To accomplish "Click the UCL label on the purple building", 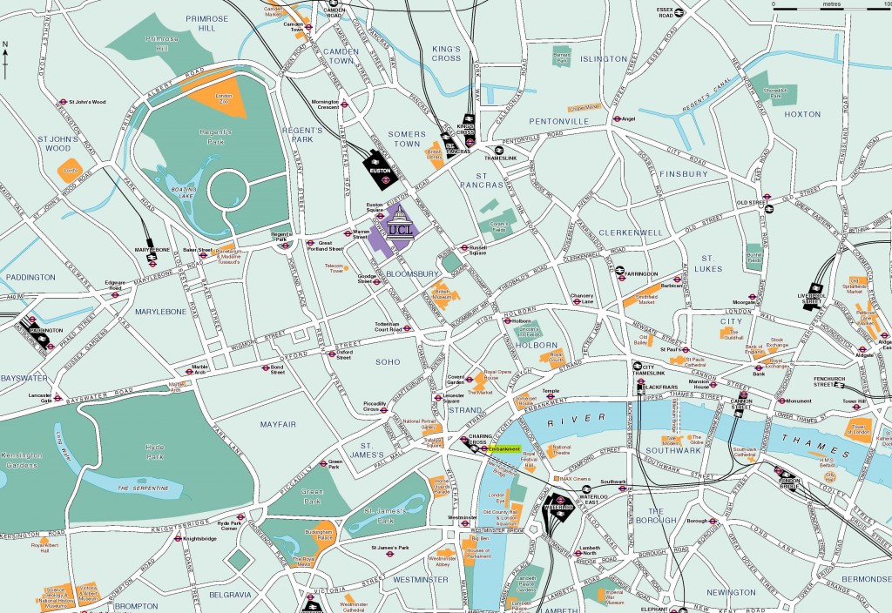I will coord(400,230).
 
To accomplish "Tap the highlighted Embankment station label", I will coord(504,449).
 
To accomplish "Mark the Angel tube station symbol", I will coord(617,118).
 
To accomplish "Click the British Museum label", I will coord(443,293).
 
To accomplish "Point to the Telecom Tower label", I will coord(334,266).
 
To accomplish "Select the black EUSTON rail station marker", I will coord(381,167).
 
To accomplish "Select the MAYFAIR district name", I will coord(279,424).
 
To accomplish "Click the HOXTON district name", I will coord(801,114).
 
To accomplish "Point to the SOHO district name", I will coord(388,361).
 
